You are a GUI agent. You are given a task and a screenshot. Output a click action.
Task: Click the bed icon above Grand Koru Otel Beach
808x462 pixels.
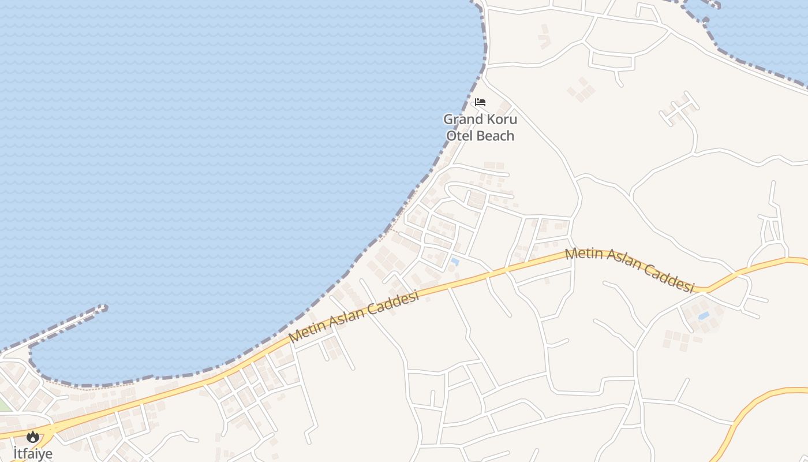coord(480,102)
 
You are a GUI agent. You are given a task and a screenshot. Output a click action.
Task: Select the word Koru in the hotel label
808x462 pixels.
coord(501,120)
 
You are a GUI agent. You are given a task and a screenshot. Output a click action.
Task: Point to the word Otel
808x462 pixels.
coord(459,136)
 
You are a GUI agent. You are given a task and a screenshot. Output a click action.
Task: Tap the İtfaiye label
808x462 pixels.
coord(33,453)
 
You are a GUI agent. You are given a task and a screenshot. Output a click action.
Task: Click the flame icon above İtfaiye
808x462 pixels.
coord(33,437)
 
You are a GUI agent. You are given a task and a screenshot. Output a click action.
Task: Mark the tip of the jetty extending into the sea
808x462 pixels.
coord(104,308)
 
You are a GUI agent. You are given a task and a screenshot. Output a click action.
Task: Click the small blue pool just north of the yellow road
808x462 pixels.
coord(455,262)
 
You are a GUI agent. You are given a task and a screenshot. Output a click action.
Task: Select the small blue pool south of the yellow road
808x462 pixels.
coord(703,316)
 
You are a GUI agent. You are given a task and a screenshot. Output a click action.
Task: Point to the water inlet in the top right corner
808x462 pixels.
coord(762,29)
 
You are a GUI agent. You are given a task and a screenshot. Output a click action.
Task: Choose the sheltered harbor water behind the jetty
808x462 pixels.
coord(87,352)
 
